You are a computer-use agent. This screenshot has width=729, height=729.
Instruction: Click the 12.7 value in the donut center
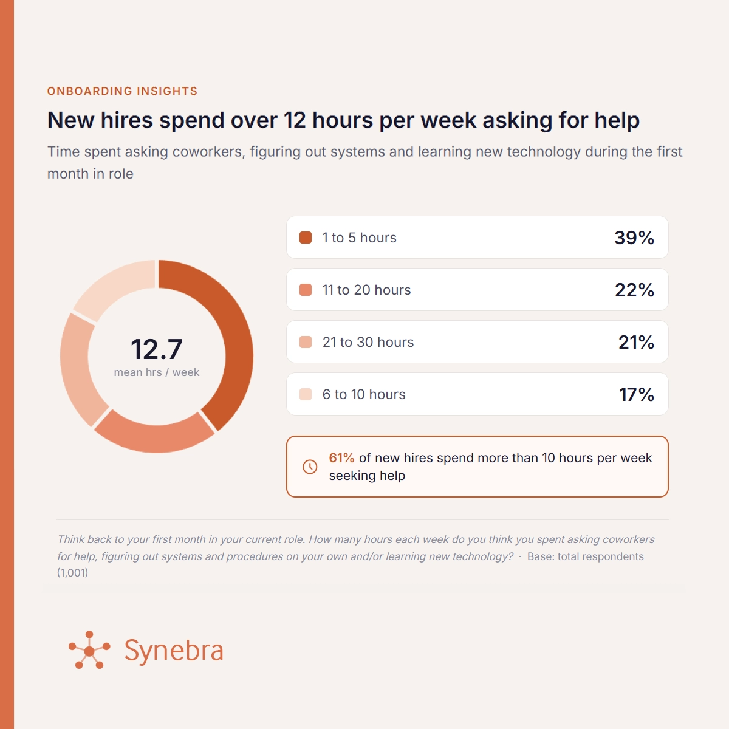pyautogui.click(x=157, y=349)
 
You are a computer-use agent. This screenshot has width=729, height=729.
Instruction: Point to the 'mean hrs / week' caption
pyautogui.click(x=157, y=372)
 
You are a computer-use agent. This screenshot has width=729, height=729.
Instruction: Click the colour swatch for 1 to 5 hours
pyautogui.click(x=306, y=238)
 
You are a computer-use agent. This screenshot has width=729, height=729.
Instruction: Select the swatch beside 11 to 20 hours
pyautogui.click(x=306, y=290)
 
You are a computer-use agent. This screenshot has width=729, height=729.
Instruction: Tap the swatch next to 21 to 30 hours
pyautogui.click(x=306, y=342)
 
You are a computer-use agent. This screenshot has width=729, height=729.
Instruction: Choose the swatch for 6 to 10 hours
pyautogui.click(x=306, y=394)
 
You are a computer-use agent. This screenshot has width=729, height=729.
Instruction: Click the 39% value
pyautogui.click(x=634, y=238)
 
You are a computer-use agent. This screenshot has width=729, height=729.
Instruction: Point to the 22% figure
pyautogui.click(x=634, y=290)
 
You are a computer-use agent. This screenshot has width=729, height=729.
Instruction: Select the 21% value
pyautogui.click(x=636, y=342)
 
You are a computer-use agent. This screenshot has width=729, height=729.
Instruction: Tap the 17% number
pyautogui.click(x=637, y=394)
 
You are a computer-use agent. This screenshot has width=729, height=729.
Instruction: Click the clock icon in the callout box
pyautogui.click(x=310, y=467)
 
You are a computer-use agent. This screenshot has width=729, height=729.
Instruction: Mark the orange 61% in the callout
pyautogui.click(x=341, y=458)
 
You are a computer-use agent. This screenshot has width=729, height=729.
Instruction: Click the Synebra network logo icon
pyautogui.click(x=89, y=649)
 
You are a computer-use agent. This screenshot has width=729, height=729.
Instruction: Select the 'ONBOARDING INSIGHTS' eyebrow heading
pyautogui.click(x=122, y=91)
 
